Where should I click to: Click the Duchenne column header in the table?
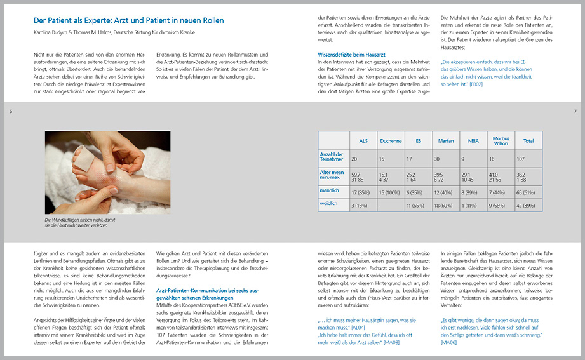[x=391, y=141]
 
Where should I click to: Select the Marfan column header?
[x=445, y=141]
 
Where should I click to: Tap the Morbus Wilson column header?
[x=500, y=141]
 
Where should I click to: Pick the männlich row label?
[x=328, y=190]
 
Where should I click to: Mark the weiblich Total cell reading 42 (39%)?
[x=528, y=205]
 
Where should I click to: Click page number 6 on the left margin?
[x=11, y=112]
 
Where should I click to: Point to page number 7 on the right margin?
[x=574, y=112]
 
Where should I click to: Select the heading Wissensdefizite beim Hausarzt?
[x=351, y=55]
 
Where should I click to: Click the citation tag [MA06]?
[x=448, y=342]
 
